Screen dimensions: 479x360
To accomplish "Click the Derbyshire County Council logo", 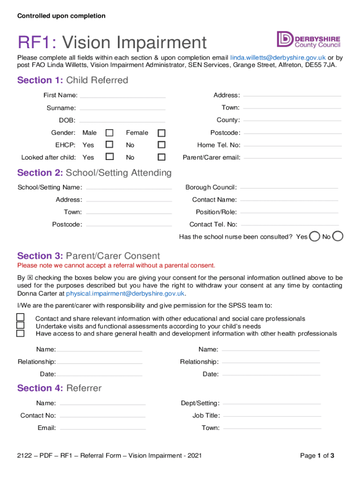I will point(308,39).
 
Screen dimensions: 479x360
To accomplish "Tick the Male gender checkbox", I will point(109,133).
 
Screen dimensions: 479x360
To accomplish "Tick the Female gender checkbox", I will point(161,133).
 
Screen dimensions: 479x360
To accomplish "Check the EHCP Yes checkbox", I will point(109,145).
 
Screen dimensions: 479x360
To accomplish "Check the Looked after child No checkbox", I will point(161,157).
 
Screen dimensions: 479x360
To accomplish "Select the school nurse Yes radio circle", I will point(316,236).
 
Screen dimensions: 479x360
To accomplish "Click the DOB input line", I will point(122,120).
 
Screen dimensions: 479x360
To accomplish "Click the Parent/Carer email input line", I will point(292,157).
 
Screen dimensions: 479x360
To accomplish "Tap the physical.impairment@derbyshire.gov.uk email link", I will point(126,294).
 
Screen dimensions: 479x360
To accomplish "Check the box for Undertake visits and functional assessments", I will point(21,326).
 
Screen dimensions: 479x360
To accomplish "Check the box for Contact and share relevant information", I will point(21,318).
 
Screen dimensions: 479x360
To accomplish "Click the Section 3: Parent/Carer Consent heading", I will point(88,256).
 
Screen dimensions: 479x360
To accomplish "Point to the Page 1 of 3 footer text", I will point(317,456).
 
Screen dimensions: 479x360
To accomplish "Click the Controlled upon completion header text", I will point(61,16).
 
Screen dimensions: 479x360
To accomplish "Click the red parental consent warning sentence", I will point(116,266).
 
